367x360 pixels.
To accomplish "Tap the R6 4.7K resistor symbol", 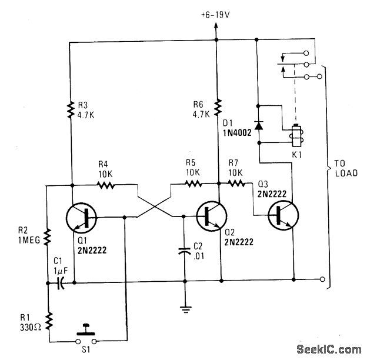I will click(218, 107).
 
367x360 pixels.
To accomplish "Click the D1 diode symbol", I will click(258, 125).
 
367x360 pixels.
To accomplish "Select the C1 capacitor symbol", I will click(59, 284).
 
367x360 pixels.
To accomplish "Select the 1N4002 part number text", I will click(237, 134).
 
